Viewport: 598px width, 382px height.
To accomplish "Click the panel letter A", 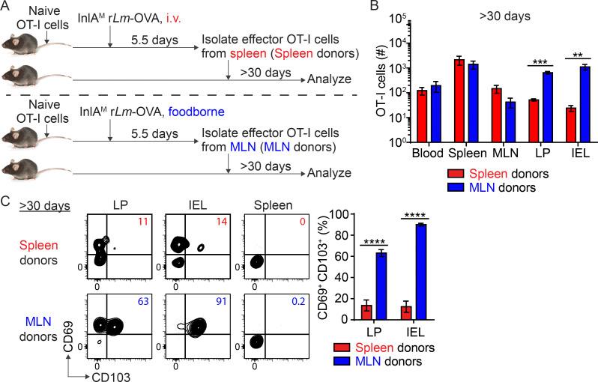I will pyautogui.click(x=6, y=7).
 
